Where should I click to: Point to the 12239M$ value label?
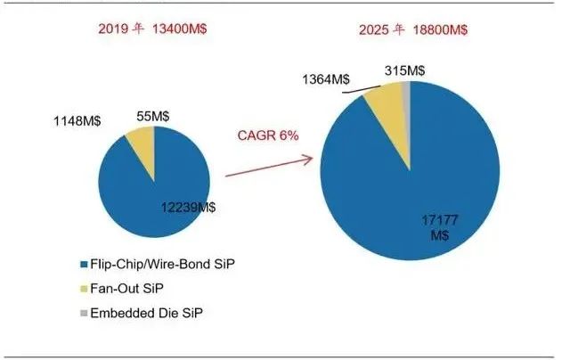[188, 207]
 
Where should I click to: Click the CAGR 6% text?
[266, 135]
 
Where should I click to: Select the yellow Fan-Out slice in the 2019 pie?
[142, 143]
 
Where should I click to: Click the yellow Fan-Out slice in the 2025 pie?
[385, 99]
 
